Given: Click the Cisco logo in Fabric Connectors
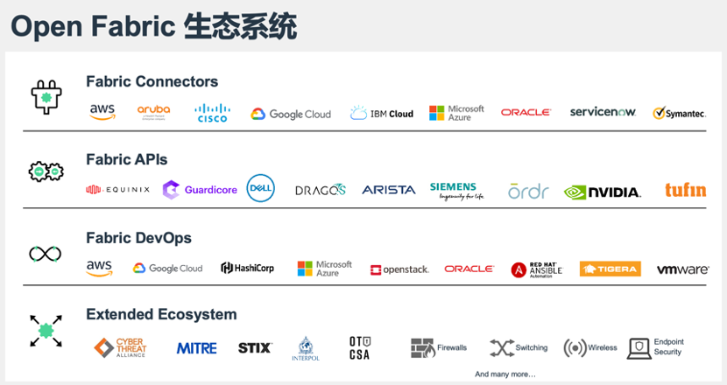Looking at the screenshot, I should (212, 112).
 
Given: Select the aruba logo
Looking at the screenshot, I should (154, 111).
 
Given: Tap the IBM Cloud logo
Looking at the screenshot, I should (382, 113).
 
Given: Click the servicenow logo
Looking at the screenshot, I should (603, 112).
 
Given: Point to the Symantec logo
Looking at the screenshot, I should (679, 114).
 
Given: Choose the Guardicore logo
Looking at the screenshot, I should (200, 189).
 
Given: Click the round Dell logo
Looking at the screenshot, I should (261, 188).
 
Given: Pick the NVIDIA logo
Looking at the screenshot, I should (602, 192).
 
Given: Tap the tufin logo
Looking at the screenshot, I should (685, 190).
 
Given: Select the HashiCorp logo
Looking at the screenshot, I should (247, 268).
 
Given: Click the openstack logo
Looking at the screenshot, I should (399, 269).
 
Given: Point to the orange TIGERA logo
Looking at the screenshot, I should (611, 269).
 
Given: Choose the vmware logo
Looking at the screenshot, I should (682, 269).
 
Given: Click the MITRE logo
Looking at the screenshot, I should (196, 348).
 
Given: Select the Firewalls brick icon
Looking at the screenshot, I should (423, 347).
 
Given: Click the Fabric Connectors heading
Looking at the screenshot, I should (152, 81).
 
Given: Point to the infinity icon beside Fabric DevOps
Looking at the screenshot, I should (45, 254).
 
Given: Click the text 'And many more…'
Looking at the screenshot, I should (505, 374).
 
